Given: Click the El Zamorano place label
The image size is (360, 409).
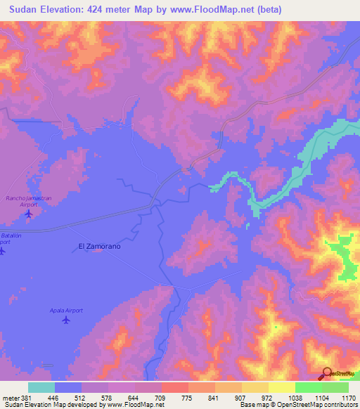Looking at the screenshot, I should click(x=98, y=247).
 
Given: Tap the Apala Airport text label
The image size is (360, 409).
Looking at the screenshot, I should click(x=66, y=310).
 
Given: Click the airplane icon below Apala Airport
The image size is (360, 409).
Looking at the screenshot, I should click(x=66, y=320).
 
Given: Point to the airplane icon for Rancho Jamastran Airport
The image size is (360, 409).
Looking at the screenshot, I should click(x=28, y=214).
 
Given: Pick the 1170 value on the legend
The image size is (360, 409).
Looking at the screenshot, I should click(x=349, y=397).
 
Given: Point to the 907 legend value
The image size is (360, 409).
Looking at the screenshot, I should click(x=229, y=397).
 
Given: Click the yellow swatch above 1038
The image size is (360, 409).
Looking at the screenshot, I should click(x=282, y=387).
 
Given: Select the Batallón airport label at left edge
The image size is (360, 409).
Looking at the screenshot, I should click(x=7, y=239).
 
